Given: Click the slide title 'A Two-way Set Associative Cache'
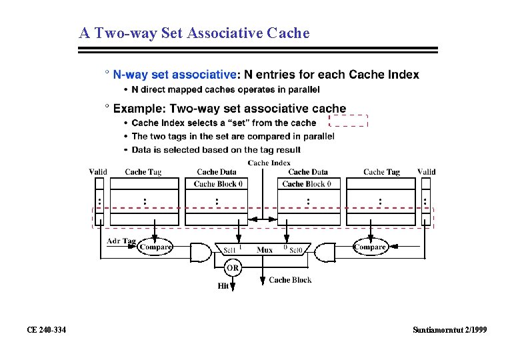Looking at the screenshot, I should (x=194, y=33).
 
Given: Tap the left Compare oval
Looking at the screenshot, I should (x=155, y=247).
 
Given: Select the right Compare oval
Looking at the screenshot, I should (x=370, y=247).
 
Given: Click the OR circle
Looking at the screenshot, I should (x=232, y=268).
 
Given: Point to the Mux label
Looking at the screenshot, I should (x=265, y=250).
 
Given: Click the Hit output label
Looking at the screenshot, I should (x=223, y=286).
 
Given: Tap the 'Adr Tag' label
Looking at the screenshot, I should (x=121, y=241).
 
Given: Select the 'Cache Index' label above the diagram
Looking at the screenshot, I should (x=269, y=163).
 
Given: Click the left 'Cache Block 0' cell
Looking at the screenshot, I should (x=218, y=184).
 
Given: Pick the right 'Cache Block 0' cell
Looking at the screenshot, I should (x=307, y=184).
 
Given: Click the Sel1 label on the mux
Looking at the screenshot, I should (x=230, y=251).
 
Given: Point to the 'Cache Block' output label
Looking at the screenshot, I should (x=290, y=280).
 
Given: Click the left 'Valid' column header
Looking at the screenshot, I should (x=98, y=172).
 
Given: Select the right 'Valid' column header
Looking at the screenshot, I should (x=427, y=172).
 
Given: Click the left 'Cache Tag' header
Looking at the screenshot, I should (x=143, y=172).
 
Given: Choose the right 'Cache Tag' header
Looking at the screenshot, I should (x=381, y=172).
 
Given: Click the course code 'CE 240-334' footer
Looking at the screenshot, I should (x=46, y=330).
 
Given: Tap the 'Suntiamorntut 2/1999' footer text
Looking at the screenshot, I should (x=449, y=330).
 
